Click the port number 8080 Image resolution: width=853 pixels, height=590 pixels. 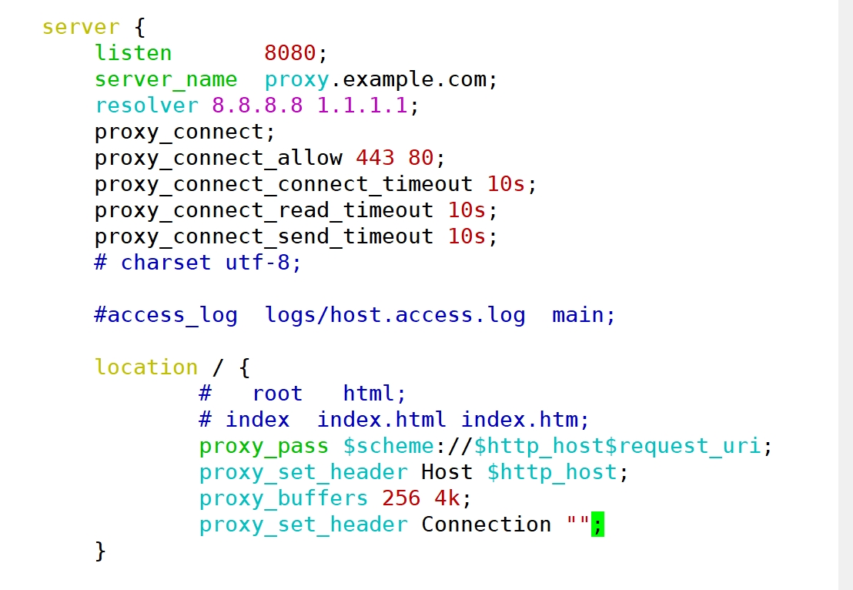pos(290,53)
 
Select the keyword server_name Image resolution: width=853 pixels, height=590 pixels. pos(166,79)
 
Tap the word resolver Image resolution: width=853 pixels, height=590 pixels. pos(146,106)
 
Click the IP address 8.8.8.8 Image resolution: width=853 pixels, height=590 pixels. pos(257,106)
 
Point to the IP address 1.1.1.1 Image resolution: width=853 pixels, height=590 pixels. pos(362,106)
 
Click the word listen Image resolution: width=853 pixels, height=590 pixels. pos(133,53)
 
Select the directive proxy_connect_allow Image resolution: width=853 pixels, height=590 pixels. pos(218,158)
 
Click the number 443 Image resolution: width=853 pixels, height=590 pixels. pos(375,158)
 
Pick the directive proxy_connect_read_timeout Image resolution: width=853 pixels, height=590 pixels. pos(264,210)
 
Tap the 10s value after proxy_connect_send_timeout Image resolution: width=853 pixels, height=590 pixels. pos(467,236)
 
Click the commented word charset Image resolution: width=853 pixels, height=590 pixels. pos(166,263)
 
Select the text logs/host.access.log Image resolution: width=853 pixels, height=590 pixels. pos(395,315)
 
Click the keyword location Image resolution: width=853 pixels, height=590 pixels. pos(146,367)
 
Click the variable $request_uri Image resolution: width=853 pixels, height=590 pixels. pos(689,446)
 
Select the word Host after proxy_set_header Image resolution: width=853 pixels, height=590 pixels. pos(447,472)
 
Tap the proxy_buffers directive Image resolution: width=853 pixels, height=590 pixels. pos(283,498)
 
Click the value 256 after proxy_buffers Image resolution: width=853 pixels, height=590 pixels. pos(401,498)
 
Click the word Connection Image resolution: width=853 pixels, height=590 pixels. pos(486,525)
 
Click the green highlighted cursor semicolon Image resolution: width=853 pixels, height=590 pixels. pos(597,525)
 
